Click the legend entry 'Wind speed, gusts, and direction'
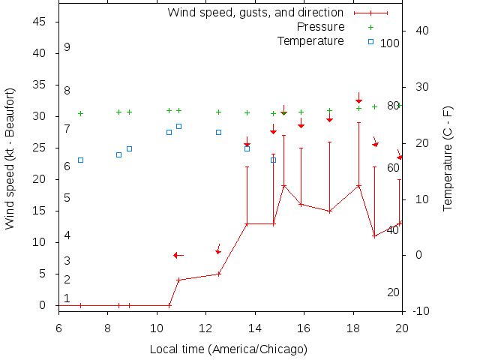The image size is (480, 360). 255,13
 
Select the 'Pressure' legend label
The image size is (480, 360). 321,27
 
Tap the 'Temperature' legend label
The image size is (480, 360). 310,40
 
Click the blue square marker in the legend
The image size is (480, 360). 370,41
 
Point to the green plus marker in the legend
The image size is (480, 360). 370,27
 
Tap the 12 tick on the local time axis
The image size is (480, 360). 205,328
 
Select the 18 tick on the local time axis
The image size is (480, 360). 353,328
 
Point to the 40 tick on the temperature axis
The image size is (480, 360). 421,31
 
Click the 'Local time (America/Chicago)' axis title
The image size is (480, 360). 229,349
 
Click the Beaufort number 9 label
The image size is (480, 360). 67,47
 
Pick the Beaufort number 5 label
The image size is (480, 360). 67,198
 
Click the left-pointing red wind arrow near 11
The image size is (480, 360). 178,255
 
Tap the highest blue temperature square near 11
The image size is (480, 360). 178,126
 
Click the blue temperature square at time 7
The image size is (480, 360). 80,160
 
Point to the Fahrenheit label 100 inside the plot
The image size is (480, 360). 390,43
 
